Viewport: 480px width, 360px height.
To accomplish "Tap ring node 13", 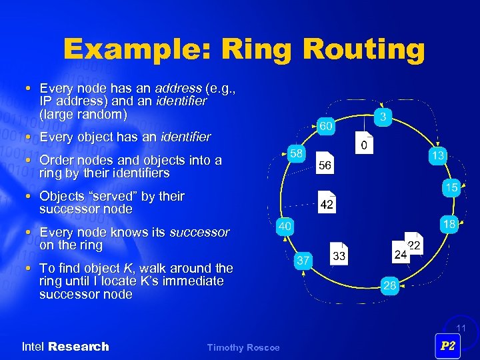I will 437,155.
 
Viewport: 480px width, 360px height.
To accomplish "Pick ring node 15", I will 451,188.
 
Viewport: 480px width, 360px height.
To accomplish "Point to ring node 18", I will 449,225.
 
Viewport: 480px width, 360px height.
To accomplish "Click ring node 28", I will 390,286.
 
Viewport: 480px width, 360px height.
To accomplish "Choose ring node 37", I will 303,261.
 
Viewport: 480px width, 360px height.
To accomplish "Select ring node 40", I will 285,227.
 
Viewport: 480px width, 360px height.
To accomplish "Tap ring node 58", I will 296,153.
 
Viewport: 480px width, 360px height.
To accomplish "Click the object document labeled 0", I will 365,145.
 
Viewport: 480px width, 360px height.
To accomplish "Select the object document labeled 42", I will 327,204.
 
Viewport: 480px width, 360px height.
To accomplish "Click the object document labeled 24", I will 401,254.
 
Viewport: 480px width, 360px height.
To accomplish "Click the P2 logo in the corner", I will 448,345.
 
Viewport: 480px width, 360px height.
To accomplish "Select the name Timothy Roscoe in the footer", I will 243,347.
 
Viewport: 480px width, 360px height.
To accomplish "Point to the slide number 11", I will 459,328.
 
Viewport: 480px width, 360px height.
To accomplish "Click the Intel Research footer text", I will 65,347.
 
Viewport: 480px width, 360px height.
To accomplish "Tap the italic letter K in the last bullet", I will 125,268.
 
